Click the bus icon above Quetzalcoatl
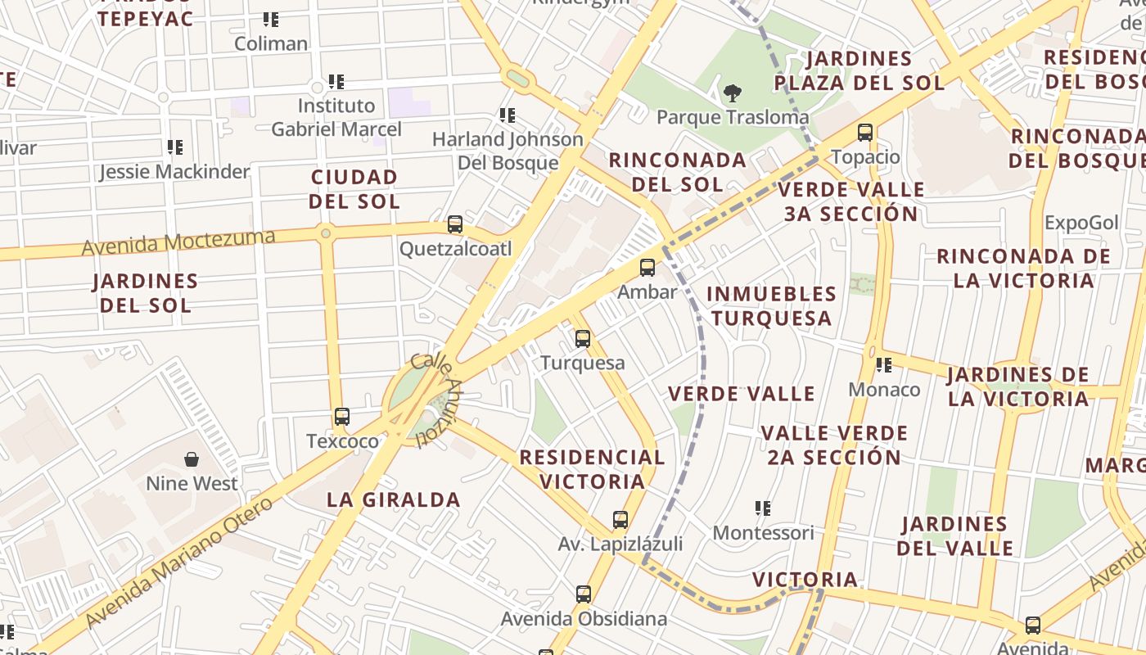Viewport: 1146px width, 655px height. (x=455, y=224)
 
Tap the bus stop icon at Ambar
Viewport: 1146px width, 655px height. (x=647, y=267)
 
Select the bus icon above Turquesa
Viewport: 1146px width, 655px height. (x=583, y=338)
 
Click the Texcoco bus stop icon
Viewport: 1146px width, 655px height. (x=342, y=417)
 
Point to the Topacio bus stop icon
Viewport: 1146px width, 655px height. (x=865, y=132)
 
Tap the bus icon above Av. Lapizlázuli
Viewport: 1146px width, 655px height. (x=620, y=520)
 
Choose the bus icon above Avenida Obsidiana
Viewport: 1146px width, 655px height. (x=584, y=594)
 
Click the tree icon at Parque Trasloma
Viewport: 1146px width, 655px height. (x=733, y=93)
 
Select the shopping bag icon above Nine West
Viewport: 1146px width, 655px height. (x=192, y=459)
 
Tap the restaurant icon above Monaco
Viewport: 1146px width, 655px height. (x=884, y=365)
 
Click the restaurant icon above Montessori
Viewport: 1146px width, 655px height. (x=763, y=508)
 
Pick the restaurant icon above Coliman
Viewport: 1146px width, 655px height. (x=271, y=19)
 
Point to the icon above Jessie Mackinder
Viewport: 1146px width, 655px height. (x=175, y=147)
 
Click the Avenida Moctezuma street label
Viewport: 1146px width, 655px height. (x=178, y=242)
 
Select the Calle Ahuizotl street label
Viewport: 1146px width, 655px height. (x=436, y=400)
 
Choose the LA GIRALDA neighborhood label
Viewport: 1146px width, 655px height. (x=394, y=499)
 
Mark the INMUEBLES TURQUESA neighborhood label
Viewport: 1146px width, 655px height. (x=771, y=305)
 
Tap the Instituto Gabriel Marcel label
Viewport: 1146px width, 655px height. (x=336, y=117)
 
